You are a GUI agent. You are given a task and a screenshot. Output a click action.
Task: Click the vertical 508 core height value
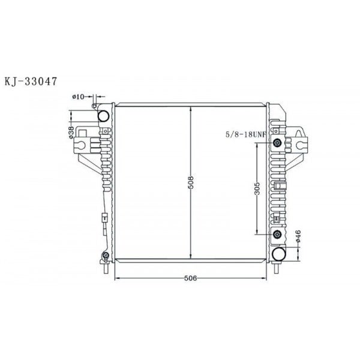[x=190, y=182]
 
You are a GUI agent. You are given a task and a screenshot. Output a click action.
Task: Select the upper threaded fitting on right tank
[x=277, y=143]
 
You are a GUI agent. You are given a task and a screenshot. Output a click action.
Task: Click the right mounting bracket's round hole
[x=297, y=143]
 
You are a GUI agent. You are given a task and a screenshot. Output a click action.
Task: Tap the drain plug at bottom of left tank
[x=106, y=259]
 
